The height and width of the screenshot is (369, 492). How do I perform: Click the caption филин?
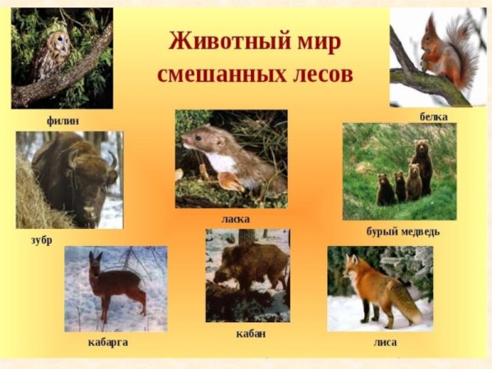(63, 121)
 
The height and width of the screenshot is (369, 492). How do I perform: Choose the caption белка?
(433, 118)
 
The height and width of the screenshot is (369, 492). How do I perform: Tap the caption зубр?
(39, 240)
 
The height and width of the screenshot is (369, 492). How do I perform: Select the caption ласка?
(235, 219)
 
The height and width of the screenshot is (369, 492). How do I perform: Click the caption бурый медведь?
(403, 231)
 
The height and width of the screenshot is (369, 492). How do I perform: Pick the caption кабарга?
(107, 341)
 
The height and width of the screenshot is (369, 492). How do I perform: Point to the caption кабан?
(250, 334)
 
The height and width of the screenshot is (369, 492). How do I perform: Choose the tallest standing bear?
(423, 168)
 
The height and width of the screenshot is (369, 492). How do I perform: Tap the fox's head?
(353, 268)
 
